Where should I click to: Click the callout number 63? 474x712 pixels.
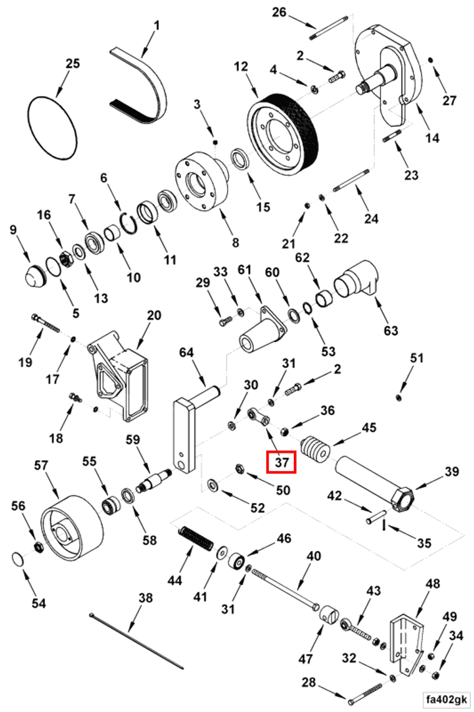(390, 330)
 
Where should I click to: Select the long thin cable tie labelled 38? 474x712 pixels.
(137, 639)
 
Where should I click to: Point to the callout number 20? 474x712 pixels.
(153, 315)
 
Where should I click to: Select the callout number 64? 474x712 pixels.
(186, 353)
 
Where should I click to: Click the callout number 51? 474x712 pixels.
(417, 358)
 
